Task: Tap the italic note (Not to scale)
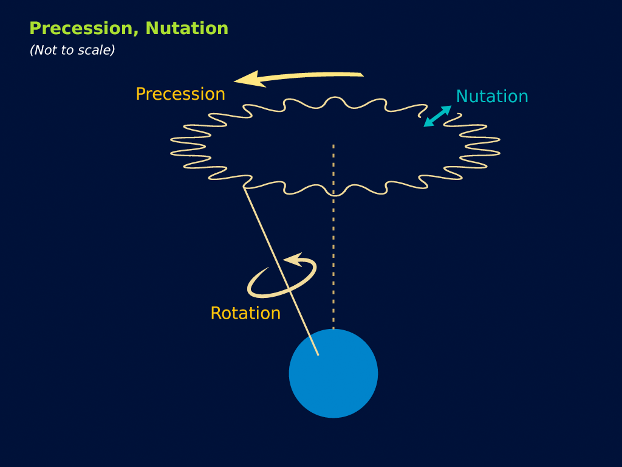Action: click(x=72, y=50)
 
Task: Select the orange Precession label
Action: click(x=180, y=94)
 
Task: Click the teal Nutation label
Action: click(x=492, y=97)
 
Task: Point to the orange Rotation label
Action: click(x=245, y=313)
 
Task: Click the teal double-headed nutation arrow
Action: click(x=437, y=116)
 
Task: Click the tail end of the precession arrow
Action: click(x=361, y=75)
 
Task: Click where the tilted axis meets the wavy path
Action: click(x=245, y=188)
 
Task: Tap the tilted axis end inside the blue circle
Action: click(x=318, y=354)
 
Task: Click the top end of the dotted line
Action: click(x=333, y=146)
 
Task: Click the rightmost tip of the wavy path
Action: click(x=499, y=140)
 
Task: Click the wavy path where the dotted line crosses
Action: click(x=333, y=196)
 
